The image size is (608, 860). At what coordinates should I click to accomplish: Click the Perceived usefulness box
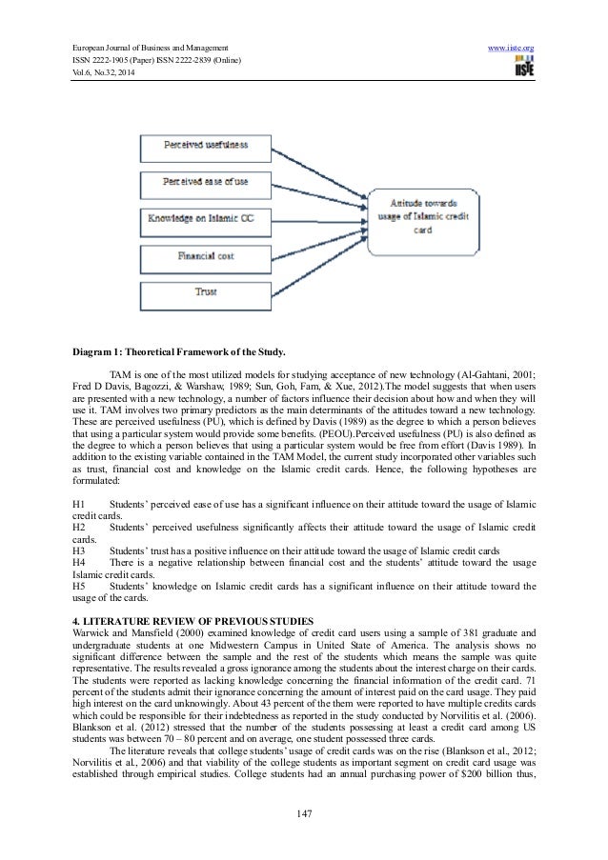[x=207, y=146]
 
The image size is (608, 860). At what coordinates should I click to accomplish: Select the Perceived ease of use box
[x=207, y=181]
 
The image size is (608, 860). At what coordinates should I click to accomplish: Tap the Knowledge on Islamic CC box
[x=207, y=217]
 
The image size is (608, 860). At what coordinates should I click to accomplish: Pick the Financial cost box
[x=207, y=254]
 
